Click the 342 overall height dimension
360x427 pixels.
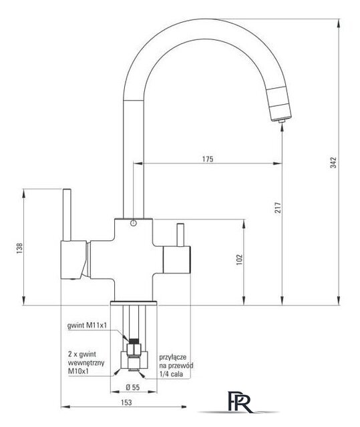[333, 163]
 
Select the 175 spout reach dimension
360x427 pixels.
[208, 159]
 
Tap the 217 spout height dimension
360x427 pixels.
[278, 207]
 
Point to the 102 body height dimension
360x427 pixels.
[239, 260]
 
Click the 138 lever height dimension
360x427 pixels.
[19, 248]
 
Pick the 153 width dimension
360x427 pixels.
[126, 402]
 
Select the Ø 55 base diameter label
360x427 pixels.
[133, 387]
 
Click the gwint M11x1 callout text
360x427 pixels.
[87, 326]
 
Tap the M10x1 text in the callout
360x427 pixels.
[79, 371]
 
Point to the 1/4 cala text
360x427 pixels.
[171, 374]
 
